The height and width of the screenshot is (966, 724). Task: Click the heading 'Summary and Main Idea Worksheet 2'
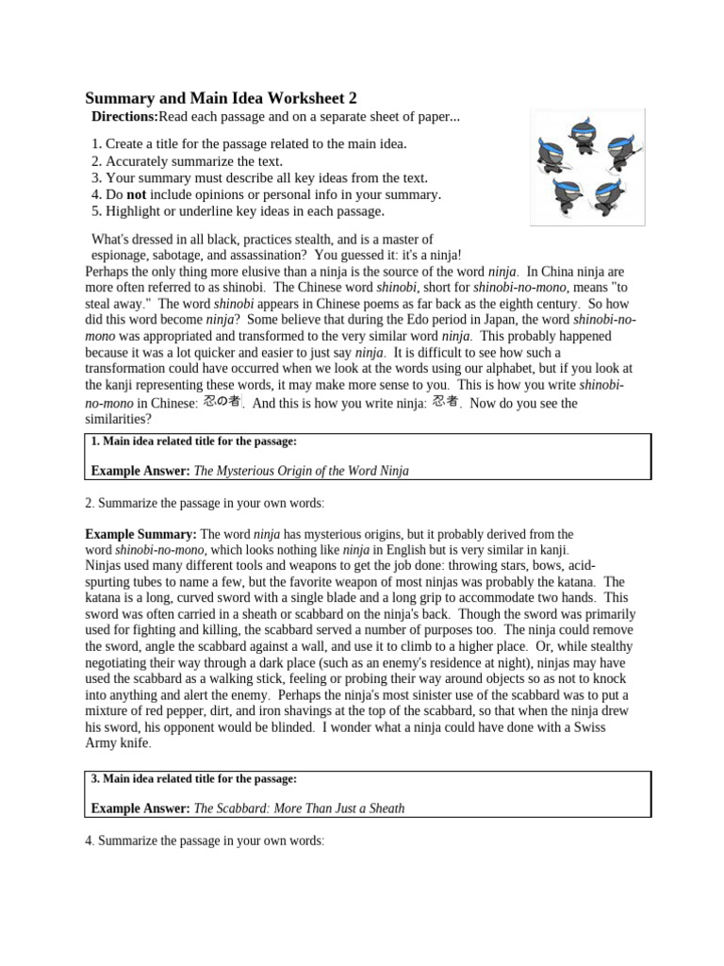pyautogui.click(x=222, y=98)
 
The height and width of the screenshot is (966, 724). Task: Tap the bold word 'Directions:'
pyautogui.click(x=124, y=116)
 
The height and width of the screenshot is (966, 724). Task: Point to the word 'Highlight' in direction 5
pyautogui.click(x=134, y=211)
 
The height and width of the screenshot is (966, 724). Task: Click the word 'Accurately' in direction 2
pyautogui.click(x=138, y=160)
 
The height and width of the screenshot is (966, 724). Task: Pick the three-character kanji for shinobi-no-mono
pyautogui.click(x=222, y=402)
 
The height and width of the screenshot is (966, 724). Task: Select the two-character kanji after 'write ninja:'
pyautogui.click(x=445, y=402)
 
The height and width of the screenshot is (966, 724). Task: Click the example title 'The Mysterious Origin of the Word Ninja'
pyautogui.click(x=302, y=470)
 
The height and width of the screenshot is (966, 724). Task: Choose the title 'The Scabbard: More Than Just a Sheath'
pyautogui.click(x=299, y=808)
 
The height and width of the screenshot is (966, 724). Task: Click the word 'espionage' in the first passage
pyautogui.click(x=122, y=256)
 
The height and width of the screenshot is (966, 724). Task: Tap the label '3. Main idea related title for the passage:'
pyautogui.click(x=194, y=779)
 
